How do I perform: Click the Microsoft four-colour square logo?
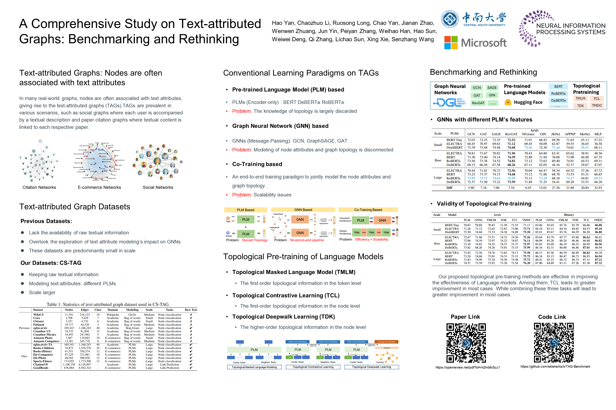click(x=451, y=43)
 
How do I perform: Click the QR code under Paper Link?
click(x=466, y=343)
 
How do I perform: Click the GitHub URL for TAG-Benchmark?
click(x=555, y=366)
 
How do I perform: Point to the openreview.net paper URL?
click(x=468, y=367)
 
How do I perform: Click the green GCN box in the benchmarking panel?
click(x=477, y=88)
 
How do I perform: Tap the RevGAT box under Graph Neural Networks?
click(x=478, y=103)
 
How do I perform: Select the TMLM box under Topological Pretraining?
click(x=580, y=99)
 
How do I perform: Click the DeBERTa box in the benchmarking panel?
click(x=558, y=100)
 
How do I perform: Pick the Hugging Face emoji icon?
click(x=508, y=102)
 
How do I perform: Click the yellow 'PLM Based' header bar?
click(x=245, y=210)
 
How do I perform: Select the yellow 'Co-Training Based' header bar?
click(x=368, y=210)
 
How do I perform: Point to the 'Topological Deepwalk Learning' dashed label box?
click(x=371, y=367)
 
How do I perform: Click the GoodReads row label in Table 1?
click(x=41, y=368)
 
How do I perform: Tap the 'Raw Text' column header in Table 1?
click(x=191, y=310)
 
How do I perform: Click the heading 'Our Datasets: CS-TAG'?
click(x=51, y=263)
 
